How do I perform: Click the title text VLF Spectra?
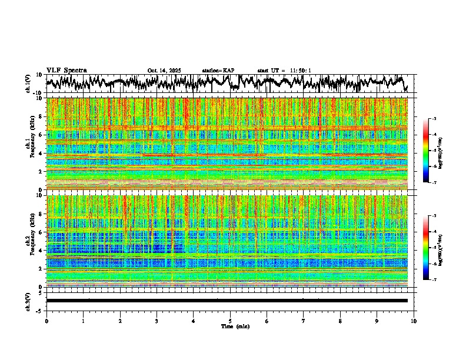click(x=66, y=71)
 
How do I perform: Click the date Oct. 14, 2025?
click(x=164, y=71)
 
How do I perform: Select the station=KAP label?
click(x=218, y=71)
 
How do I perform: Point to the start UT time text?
click(x=284, y=71)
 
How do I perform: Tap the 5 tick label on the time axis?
click(x=230, y=321)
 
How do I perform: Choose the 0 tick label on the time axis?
click(x=46, y=321)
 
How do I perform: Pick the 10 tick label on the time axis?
click(x=414, y=321)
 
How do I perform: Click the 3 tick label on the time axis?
click(x=157, y=321)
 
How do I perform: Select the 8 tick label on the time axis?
click(x=340, y=321)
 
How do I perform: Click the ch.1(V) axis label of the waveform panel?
click(x=29, y=84)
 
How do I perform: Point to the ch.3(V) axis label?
click(x=29, y=300)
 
